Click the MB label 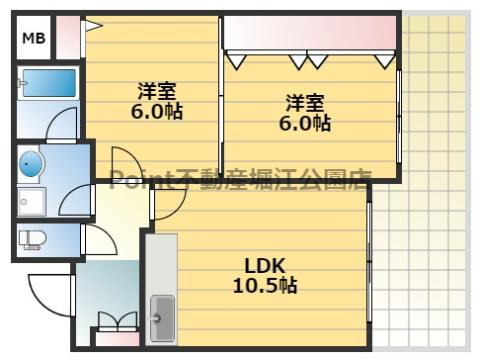pos(34,39)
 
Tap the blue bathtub pos(48,82)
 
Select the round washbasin pos(31,164)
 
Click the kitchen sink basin pos(161,317)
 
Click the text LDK pos(266,266)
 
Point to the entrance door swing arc pos(48,290)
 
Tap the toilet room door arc pos(98,238)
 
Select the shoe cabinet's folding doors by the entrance pos(117,322)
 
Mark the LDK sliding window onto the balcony pos(369,260)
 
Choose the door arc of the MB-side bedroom pos(128,164)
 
